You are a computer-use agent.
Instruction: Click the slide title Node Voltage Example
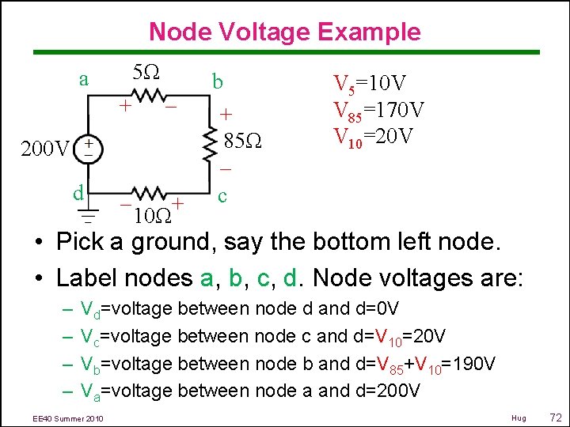point(284,32)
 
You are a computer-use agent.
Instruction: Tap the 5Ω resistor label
point(146,74)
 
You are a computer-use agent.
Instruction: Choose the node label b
point(217,82)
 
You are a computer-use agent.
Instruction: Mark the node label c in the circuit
point(223,195)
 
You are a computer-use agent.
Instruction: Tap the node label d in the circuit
point(78,193)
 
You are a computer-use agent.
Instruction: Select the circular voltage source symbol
point(89,147)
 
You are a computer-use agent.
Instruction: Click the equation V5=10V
point(370,84)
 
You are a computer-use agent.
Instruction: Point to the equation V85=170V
point(379,110)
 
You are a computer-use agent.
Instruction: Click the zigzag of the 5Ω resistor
point(148,96)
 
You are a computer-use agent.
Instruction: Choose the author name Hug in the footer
point(519,416)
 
